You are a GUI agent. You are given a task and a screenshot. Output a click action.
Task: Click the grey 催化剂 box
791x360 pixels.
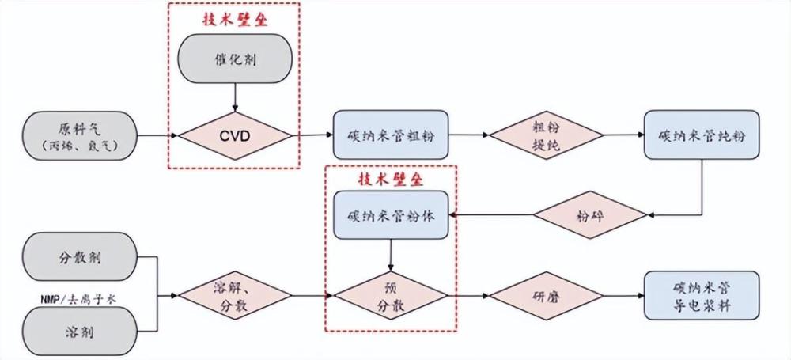pyautogui.click(x=234, y=59)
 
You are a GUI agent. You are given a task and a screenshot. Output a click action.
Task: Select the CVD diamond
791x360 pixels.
pyautogui.click(x=235, y=136)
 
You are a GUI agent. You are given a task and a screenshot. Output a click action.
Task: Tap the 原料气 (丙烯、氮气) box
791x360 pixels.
pyautogui.click(x=79, y=136)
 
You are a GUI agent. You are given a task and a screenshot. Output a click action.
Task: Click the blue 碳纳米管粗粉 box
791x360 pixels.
pyautogui.click(x=391, y=135)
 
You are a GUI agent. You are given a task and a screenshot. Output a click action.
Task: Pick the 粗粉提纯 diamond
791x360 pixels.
pyautogui.click(x=547, y=135)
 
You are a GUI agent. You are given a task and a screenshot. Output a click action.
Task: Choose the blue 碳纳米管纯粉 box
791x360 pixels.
pyautogui.click(x=702, y=135)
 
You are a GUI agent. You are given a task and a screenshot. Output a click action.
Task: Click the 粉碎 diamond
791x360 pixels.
pyautogui.click(x=590, y=214)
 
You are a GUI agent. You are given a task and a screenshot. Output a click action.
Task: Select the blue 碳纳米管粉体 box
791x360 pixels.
pyautogui.click(x=391, y=215)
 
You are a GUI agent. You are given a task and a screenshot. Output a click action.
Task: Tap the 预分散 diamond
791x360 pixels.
pyautogui.click(x=391, y=295)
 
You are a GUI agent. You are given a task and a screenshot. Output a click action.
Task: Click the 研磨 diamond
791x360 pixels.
pyautogui.click(x=547, y=295)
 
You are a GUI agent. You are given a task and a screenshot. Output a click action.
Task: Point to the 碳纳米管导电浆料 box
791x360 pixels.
pyautogui.click(x=702, y=295)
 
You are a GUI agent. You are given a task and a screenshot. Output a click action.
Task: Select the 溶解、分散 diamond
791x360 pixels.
pyautogui.click(x=235, y=295)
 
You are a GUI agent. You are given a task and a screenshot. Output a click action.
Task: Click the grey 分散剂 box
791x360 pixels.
pyautogui.click(x=79, y=257)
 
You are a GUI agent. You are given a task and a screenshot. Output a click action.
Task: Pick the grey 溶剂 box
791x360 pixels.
pyautogui.click(x=79, y=332)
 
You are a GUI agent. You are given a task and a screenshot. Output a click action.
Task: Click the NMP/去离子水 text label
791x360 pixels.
pyautogui.click(x=78, y=299)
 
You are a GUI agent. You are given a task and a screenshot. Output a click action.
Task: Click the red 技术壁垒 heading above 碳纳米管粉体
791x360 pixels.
pyautogui.click(x=391, y=180)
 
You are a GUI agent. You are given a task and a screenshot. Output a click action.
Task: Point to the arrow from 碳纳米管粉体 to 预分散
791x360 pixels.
pyautogui.click(x=391, y=255)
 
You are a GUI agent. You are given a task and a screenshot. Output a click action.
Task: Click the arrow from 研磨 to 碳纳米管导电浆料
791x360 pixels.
pyautogui.click(x=624, y=295)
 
